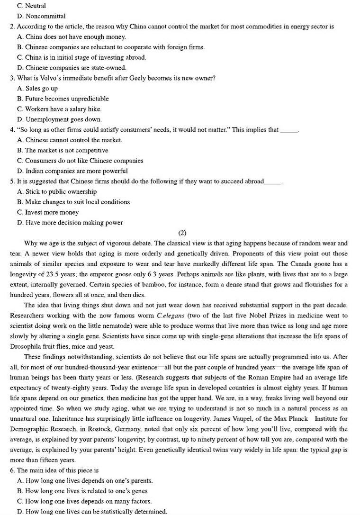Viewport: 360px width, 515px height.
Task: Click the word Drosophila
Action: click(x=27, y=336)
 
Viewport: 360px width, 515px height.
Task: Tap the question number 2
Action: click(x=12, y=27)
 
